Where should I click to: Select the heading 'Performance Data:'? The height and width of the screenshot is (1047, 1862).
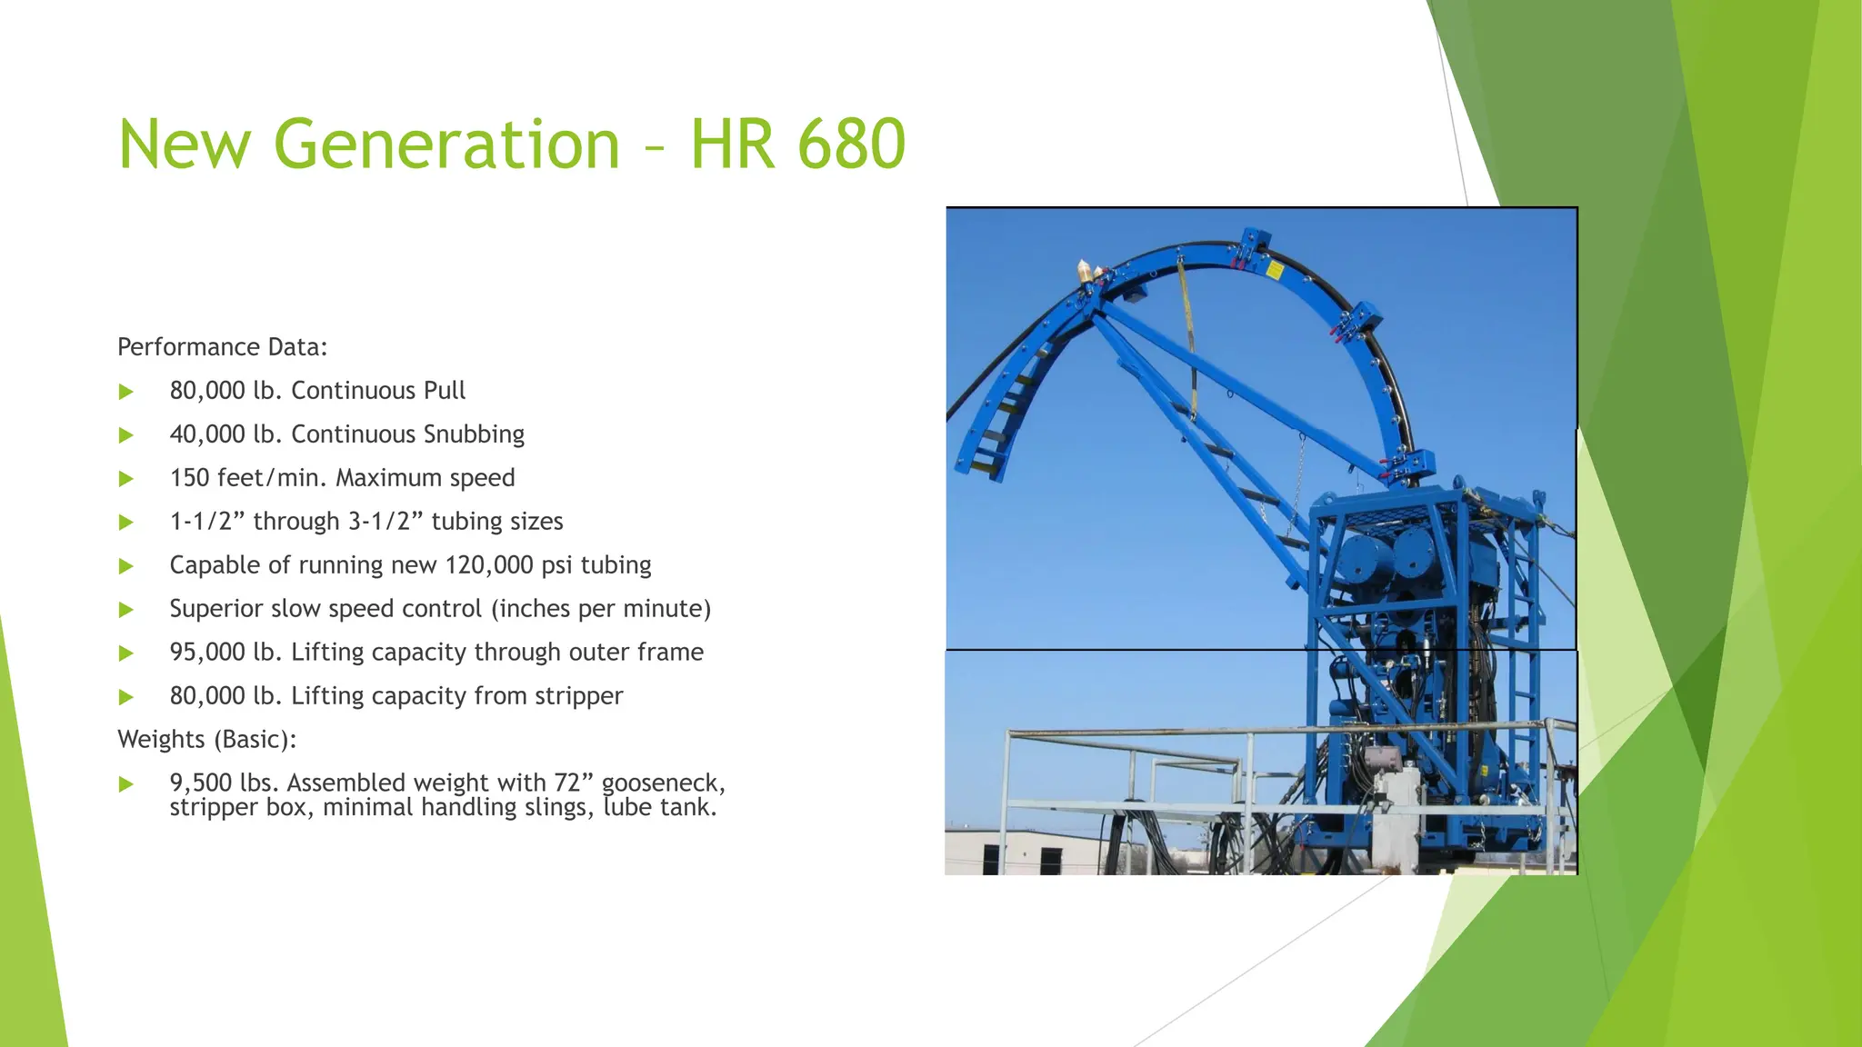pos(222,347)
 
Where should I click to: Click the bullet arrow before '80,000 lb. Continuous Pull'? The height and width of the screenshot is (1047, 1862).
pos(126,392)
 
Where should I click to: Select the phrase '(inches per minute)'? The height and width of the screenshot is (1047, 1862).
pos(601,609)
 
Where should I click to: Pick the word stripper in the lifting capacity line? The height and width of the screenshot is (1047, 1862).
pos(578,696)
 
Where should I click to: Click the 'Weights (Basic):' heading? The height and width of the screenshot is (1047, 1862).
pos(206,740)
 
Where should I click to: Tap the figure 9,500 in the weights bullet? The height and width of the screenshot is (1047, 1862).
pos(200,783)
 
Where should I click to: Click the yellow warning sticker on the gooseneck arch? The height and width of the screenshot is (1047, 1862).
pos(1275,271)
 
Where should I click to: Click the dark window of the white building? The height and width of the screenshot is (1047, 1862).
pos(1050,859)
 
